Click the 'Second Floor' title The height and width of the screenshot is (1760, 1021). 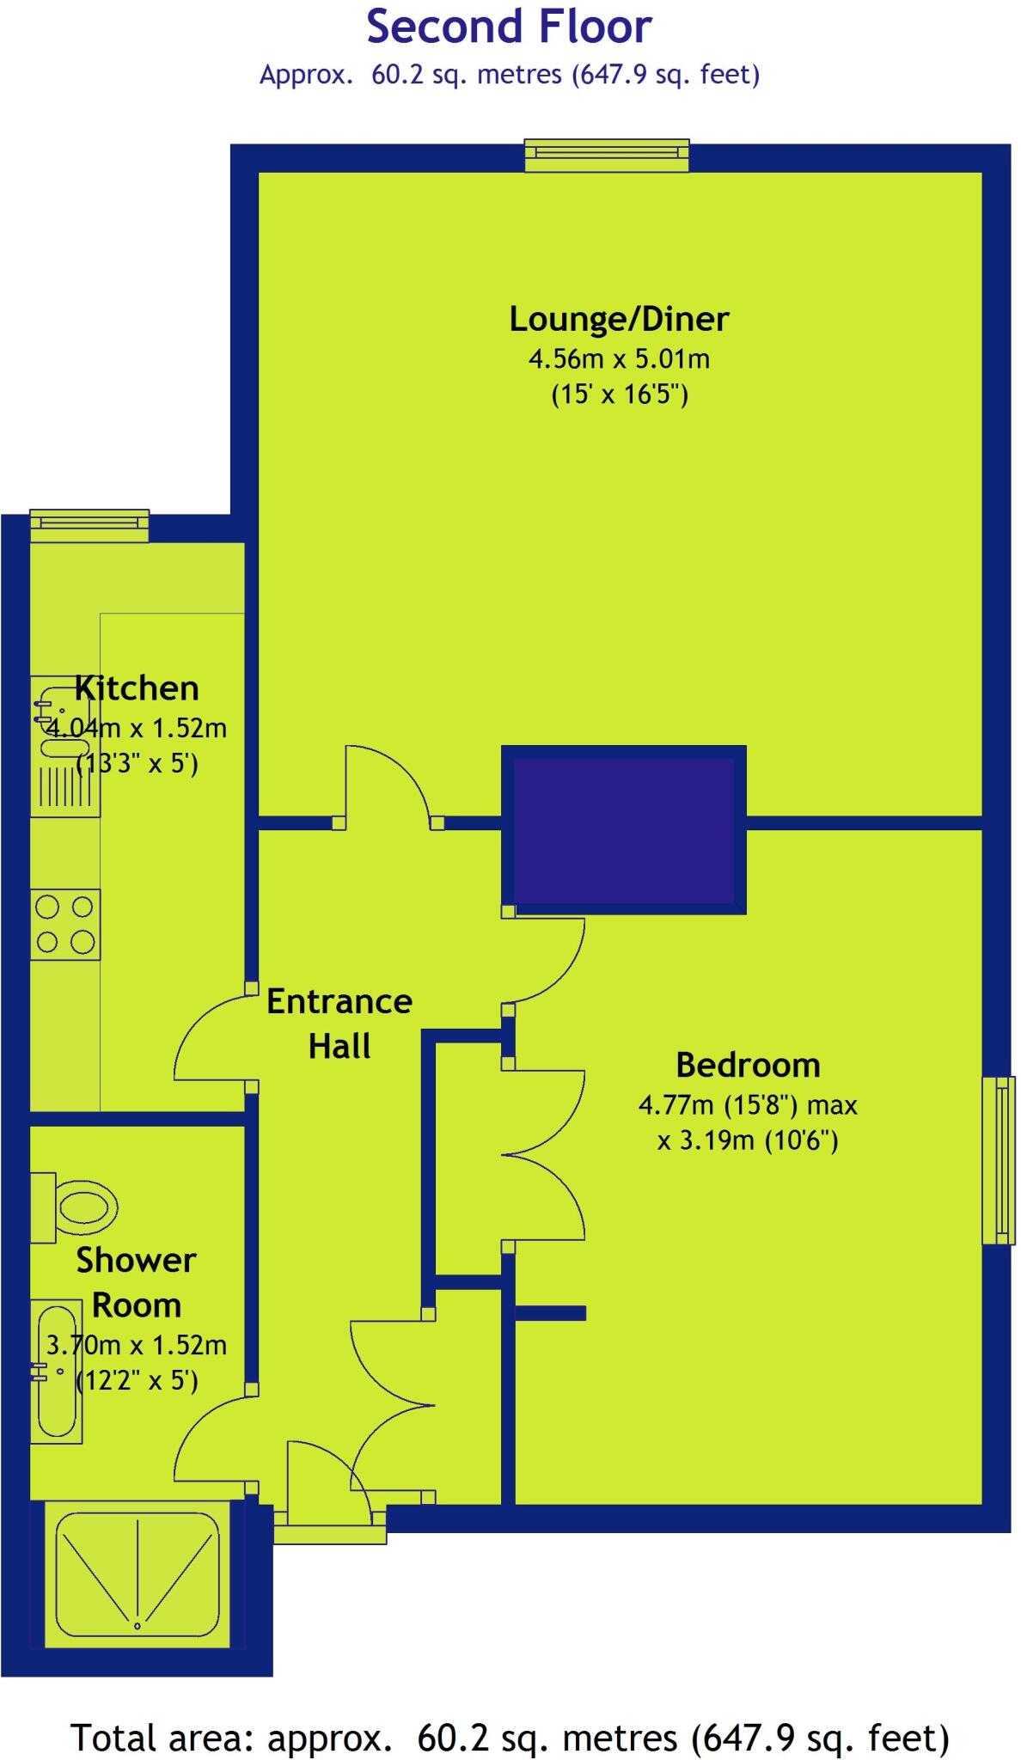509,27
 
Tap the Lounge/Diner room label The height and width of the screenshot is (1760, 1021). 619,319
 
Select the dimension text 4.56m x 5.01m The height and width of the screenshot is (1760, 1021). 619,358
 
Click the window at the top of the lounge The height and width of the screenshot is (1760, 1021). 608,155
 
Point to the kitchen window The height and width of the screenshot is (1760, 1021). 89,525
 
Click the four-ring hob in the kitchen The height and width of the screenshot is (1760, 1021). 65,924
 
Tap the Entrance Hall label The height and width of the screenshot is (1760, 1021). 339,1024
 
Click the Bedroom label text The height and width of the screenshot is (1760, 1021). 748,1065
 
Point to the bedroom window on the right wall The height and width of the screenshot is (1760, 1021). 999,1159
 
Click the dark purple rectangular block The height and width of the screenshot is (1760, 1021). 624,829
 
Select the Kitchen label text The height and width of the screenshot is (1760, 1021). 138,688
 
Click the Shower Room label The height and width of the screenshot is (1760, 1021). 137,1282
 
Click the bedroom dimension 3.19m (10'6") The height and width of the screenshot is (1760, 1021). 748,1140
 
